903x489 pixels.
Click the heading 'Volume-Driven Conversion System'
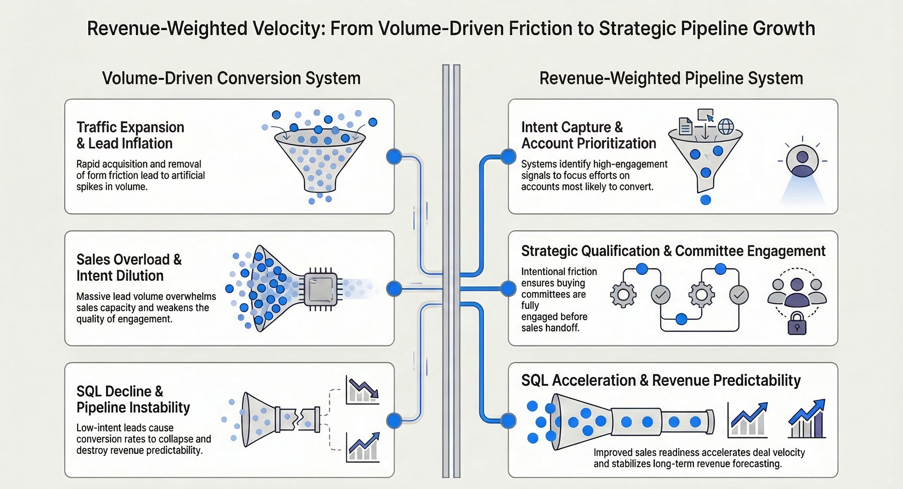tap(231, 78)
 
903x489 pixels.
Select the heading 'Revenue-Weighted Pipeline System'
tap(671, 78)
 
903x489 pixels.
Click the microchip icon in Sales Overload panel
tap(321, 289)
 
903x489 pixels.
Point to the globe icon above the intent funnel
tap(726, 127)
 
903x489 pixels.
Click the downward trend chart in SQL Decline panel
tap(363, 391)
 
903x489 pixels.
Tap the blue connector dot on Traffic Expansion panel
tap(394, 157)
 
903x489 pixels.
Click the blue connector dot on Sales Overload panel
tap(394, 289)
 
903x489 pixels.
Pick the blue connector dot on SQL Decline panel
tap(394, 420)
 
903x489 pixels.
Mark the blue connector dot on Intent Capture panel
tap(508, 157)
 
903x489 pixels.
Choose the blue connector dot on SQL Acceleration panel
tap(508, 420)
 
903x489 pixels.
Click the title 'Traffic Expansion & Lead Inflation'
tap(130, 135)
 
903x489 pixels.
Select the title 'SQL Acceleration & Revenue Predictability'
tap(661, 381)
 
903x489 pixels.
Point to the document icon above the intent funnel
tap(685, 126)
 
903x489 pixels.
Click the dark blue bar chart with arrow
tap(807, 419)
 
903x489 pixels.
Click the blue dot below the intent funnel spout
tap(705, 200)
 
